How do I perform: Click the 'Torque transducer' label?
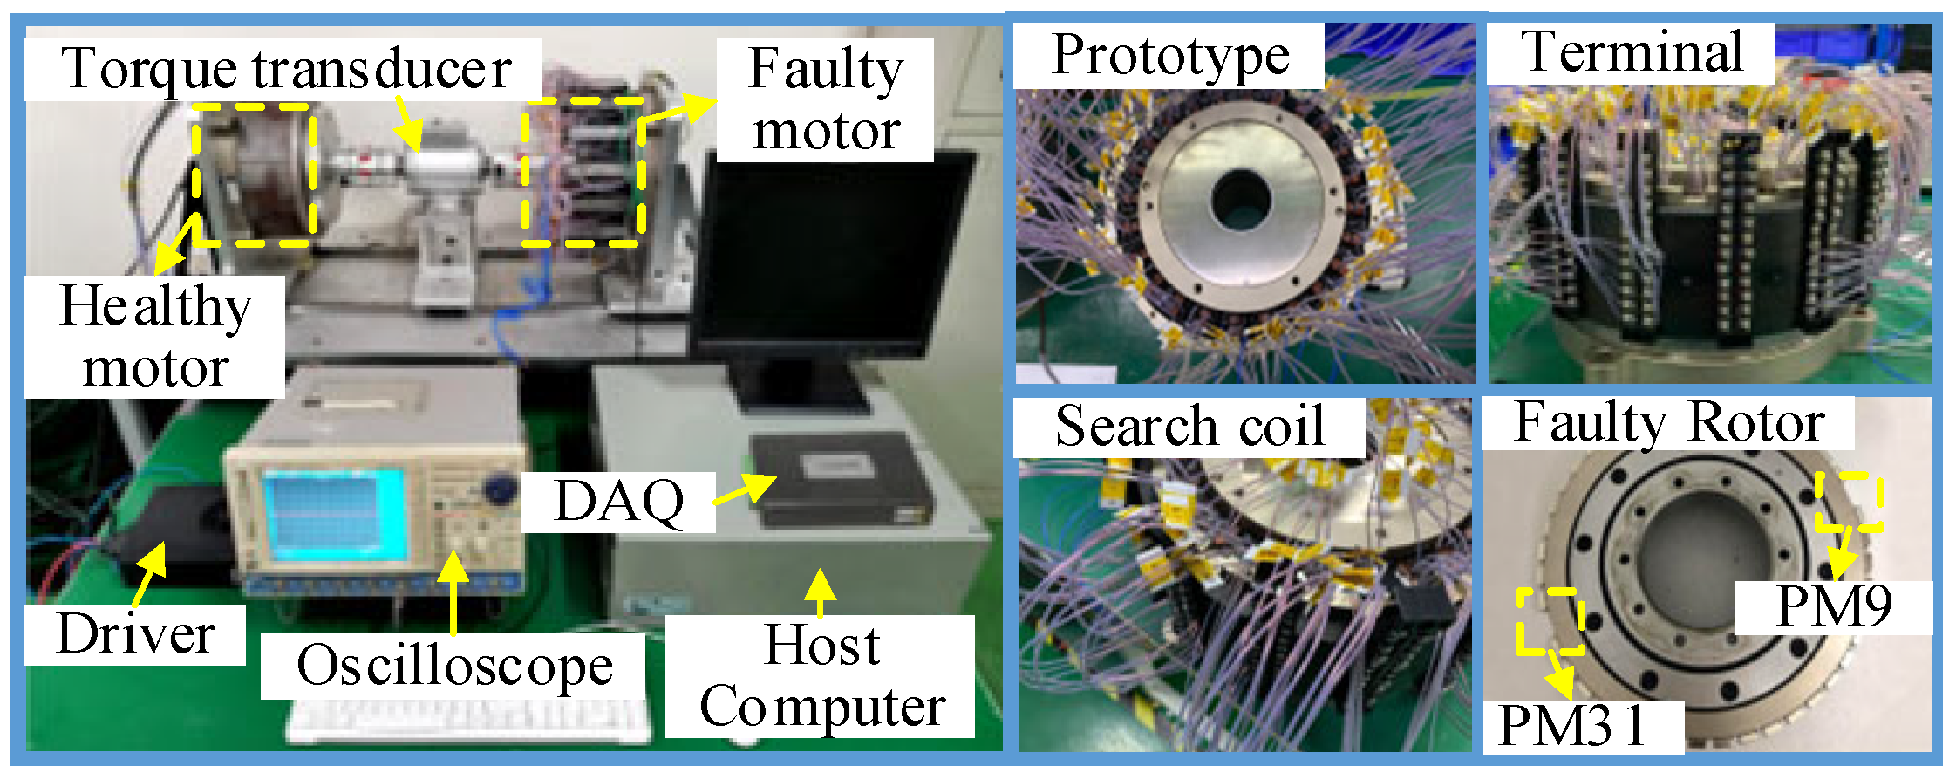pos(285,69)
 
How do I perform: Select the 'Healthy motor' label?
pos(155,337)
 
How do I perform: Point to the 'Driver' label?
pos(135,634)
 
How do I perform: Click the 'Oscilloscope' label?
pos(454,667)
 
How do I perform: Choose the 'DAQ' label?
pos(619,502)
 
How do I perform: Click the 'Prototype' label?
pos(1169,56)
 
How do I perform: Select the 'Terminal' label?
pos(1632,52)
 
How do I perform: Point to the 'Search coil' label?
pos(1189,427)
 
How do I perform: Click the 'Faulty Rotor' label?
pos(1668,423)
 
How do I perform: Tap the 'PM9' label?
pos(1833,607)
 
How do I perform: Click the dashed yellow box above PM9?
pos(1849,502)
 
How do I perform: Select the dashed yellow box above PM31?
pos(1550,621)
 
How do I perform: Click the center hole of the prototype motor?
pos(1240,202)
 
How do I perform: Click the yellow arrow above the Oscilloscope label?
pos(453,593)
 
